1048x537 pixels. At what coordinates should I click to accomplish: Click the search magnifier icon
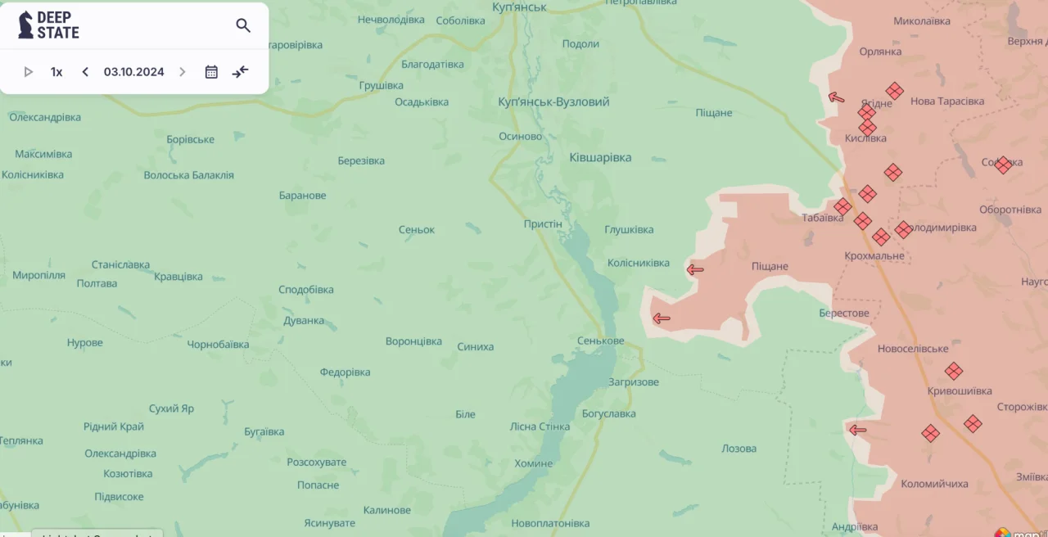243,25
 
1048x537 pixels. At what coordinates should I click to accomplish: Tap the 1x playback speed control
56,72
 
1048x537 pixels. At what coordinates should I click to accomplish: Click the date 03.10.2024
133,72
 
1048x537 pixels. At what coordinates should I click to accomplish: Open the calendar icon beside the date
211,72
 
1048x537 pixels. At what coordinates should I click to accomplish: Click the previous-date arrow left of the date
85,72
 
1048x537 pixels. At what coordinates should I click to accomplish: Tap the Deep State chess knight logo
26,25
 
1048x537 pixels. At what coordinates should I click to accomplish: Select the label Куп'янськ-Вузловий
553,102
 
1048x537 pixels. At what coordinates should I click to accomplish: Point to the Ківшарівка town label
600,157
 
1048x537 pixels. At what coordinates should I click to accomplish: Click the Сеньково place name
600,341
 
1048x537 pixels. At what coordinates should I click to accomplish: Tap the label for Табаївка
822,218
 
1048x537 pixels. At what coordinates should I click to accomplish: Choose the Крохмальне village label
874,255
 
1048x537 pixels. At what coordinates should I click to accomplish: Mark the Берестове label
843,313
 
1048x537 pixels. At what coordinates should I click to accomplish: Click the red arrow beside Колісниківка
695,269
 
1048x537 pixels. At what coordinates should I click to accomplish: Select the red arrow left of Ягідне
836,97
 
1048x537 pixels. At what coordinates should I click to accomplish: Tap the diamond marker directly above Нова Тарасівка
895,91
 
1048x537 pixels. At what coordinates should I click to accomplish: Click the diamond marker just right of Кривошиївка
973,423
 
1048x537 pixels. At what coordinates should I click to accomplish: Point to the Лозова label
739,449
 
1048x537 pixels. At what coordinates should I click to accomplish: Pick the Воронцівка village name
413,341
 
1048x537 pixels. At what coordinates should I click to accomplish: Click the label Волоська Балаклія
188,175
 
